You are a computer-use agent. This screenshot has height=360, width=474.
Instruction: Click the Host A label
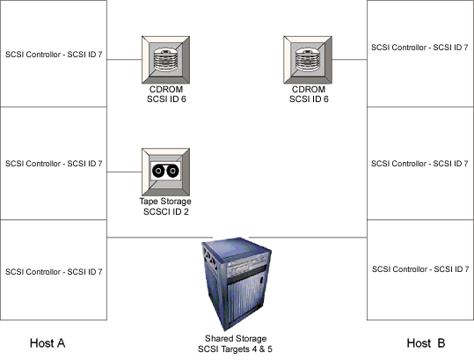click(47, 343)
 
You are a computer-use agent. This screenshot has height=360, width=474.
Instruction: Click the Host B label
click(426, 343)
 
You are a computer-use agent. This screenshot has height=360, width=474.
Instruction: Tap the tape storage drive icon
click(165, 172)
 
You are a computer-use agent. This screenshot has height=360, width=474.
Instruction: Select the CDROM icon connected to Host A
click(165, 60)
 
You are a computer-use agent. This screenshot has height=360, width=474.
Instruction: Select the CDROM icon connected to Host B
click(308, 60)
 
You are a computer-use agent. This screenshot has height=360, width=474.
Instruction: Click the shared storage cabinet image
click(237, 283)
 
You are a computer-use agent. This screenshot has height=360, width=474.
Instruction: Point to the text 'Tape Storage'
click(165, 202)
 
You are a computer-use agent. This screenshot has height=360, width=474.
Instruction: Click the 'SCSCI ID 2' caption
click(166, 212)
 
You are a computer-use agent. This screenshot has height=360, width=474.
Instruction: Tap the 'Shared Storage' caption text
click(236, 338)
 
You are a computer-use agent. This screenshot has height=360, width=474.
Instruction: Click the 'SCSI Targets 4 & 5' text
click(235, 349)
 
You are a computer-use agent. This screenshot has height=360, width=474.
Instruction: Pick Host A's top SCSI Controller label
click(54, 55)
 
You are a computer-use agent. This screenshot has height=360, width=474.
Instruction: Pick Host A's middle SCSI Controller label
click(54, 164)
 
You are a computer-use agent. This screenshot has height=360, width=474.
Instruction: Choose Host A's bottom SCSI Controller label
click(54, 272)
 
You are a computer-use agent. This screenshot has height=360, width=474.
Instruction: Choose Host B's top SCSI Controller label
click(419, 48)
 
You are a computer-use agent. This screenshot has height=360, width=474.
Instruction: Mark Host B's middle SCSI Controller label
click(419, 164)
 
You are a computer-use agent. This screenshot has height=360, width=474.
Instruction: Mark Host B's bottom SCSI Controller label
click(420, 269)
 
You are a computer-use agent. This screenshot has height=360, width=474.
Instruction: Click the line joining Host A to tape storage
click(124, 173)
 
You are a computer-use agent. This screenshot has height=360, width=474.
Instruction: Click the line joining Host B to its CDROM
click(349, 60)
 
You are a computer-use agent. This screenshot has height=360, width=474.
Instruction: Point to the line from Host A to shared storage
click(160, 238)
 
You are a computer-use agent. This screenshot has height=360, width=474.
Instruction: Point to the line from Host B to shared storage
click(308, 238)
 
